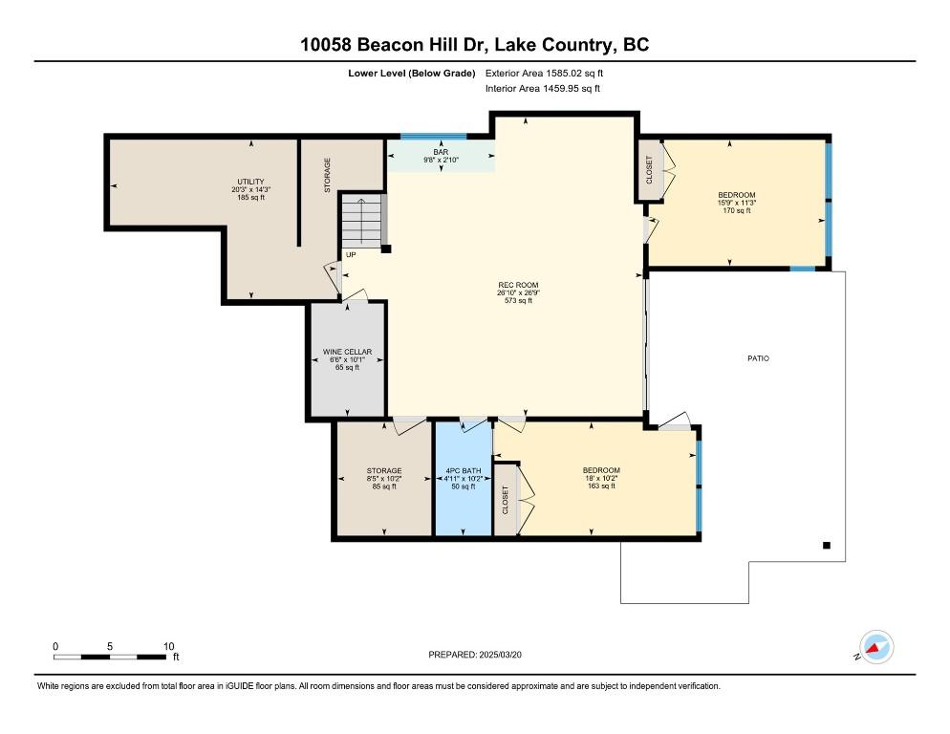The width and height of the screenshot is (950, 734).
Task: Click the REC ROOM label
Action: point(518,285)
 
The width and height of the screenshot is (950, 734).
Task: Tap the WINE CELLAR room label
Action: point(346,352)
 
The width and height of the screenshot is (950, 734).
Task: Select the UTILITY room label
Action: point(251,182)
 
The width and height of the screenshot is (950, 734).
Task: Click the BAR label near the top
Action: point(441,151)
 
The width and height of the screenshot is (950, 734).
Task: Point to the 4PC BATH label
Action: point(463,470)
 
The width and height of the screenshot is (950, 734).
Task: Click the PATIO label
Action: point(758,358)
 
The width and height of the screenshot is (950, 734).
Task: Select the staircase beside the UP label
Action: point(362,221)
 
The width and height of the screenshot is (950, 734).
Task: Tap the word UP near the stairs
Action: point(351,255)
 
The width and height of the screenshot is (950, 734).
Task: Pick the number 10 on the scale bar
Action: point(168,646)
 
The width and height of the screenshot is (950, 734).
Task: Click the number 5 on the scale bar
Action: point(110,646)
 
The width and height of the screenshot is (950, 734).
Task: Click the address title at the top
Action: point(475,45)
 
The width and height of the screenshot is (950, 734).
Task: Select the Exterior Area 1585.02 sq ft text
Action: point(545,73)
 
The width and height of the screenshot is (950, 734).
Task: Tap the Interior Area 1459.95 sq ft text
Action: point(543,89)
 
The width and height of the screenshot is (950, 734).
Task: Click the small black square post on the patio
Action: point(827,546)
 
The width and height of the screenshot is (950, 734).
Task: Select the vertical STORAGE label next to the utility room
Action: point(327,176)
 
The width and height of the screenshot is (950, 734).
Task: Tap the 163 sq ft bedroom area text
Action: point(601,486)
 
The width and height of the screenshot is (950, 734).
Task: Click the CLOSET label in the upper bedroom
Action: point(650,170)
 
